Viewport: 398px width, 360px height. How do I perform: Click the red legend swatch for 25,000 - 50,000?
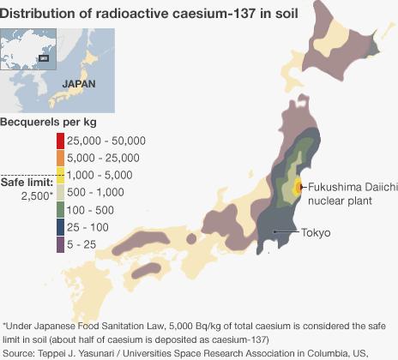60,141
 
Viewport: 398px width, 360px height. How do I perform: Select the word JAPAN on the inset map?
78,84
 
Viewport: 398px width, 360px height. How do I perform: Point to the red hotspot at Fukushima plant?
298,186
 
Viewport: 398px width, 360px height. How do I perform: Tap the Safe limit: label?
27,182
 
